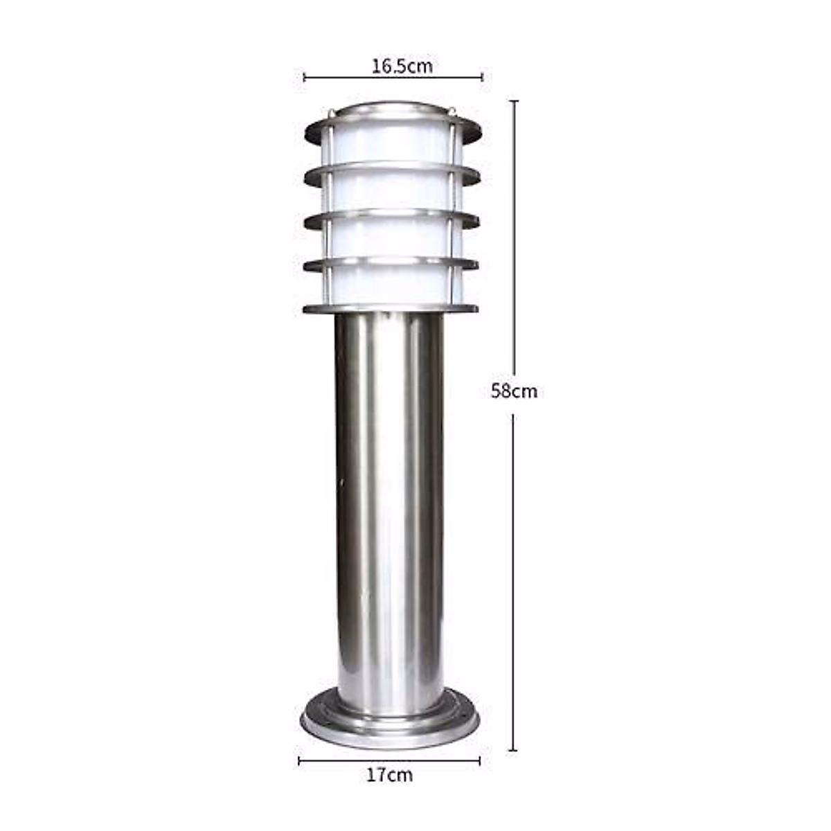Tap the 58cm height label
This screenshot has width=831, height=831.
514,391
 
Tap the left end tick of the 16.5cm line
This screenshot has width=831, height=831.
305,78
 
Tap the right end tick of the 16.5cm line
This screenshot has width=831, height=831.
482,78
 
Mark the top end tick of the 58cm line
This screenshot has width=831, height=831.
513,101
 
